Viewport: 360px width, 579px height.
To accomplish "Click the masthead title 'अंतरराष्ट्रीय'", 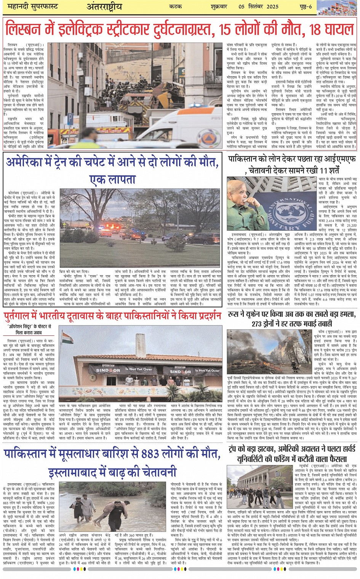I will tap(104, 7).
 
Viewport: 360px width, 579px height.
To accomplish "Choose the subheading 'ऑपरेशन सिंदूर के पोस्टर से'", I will tap(29, 327).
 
